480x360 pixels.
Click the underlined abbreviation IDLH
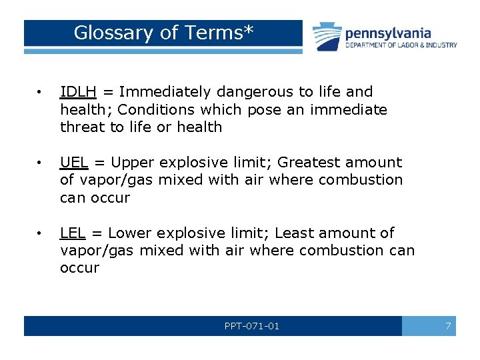pyautogui.click(x=78, y=92)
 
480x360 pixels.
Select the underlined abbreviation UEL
pyautogui.click(x=73, y=163)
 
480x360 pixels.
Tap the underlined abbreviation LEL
pyautogui.click(x=72, y=233)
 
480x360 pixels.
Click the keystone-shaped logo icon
pyautogui.click(x=327, y=36)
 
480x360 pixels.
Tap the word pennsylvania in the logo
pyautogui.click(x=387, y=33)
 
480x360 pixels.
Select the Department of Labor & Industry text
pyautogui.click(x=401, y=45)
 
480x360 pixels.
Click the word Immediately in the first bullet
pyautogui.click(x=161, y=92)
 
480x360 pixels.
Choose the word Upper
pyautogui.click(x=133, y=163)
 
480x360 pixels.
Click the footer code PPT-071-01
pyautogui.click(x=252, y=326)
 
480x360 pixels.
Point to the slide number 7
pyautogui.click(x=448, y=326)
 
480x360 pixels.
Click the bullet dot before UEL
pyautogui.click(x=40, y=163)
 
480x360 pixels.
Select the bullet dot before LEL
pyautogui.click(x=40, y=233)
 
